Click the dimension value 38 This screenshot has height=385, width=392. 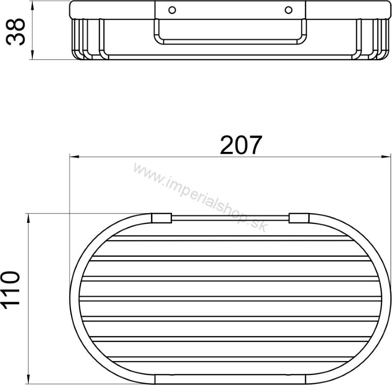coord(16,32)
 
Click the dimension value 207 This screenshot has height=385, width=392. coord(241,145)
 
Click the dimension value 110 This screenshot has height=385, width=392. coord(10,290)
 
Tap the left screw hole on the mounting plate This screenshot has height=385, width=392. coord(172,10)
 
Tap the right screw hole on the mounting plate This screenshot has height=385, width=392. coord(289,10)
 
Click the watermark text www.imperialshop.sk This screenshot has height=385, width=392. coord(201,197)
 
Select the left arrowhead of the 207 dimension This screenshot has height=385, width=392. coord(74,157)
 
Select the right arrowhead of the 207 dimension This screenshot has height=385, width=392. coord(386,157)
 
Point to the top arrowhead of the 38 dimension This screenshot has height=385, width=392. coord(32,5)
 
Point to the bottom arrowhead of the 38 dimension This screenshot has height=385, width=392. coord(32,55)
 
